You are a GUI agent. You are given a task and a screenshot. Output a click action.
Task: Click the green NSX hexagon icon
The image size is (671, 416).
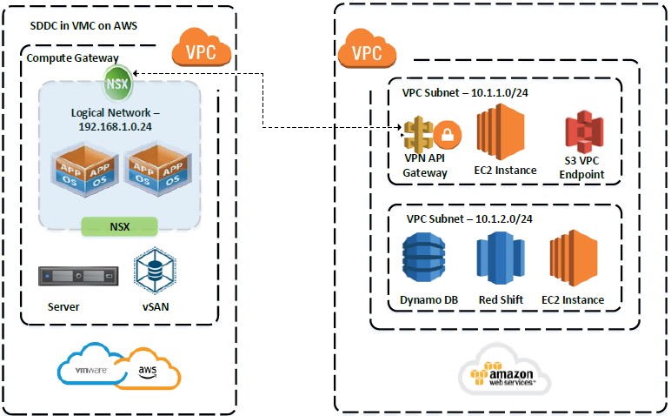click(x=116, y=84)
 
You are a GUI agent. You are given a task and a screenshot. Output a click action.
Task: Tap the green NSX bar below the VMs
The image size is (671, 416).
click(x=119, y=226)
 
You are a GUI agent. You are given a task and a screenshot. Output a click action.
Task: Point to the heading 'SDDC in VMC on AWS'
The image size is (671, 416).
click(x=83, y=26)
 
